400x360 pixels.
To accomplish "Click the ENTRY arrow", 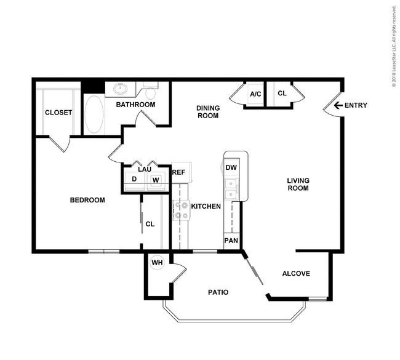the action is coord(338,105).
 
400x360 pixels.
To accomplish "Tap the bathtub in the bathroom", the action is coord(94,114).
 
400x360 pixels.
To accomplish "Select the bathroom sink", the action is coord(121,89).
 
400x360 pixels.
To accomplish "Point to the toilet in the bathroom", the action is coord(150,91).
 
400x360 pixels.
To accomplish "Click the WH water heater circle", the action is coord(157,263).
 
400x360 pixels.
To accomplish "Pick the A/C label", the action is coord(255,94).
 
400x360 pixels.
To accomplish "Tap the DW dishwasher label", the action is coord(231,167).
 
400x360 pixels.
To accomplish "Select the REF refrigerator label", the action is coord(178,172).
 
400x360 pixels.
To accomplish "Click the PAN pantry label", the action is coord(231,241).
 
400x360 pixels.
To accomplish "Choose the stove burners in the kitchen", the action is coord(181,210).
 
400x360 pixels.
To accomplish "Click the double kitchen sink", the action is coord(231,189).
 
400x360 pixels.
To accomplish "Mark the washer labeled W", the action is coord(156,181).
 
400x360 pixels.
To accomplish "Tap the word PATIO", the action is coord(218,292).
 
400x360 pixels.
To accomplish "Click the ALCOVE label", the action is coord(296,273).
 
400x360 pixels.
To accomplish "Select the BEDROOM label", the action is coord(87,200).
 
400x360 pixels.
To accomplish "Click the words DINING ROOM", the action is coord(208,112).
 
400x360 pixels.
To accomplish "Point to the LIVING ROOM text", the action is coord(298,184).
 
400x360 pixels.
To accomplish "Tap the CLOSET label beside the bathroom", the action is coord(58,113).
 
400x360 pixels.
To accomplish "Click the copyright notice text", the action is coord(394,46).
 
